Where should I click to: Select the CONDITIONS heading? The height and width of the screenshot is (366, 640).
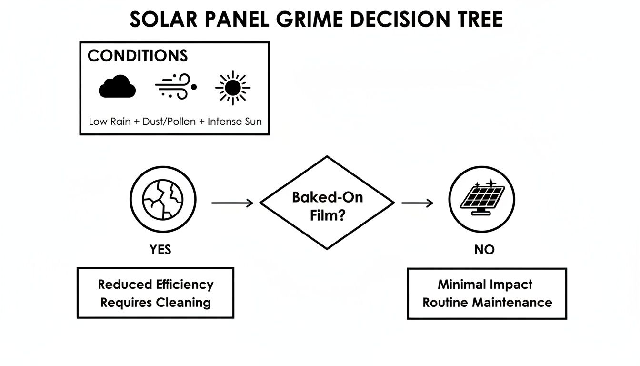(138, 56)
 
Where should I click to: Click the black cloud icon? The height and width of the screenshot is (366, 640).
(117, 87)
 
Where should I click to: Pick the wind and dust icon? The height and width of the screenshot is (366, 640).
(176, 86)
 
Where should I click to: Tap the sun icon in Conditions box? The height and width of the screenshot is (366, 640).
(233, 87)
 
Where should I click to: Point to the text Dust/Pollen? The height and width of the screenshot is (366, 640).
(169, 121)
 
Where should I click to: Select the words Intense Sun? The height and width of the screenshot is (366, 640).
(234, 121)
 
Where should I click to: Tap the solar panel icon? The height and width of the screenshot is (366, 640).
(482, 199)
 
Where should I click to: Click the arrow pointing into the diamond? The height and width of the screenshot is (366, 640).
(232, 203)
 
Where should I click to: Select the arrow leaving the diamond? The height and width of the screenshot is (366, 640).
(418, 203)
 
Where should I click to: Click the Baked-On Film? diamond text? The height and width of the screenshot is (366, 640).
(327, 206)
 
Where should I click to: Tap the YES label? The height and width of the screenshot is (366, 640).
(160, 250)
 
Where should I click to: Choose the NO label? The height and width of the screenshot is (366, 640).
(484, 250)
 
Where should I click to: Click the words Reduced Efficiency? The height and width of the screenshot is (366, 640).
(155, 285)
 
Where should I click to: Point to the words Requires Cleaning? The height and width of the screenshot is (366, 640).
(155, 302)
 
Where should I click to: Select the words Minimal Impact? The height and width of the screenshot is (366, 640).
(485, 285)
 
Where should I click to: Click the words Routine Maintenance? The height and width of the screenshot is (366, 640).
(487, 302)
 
